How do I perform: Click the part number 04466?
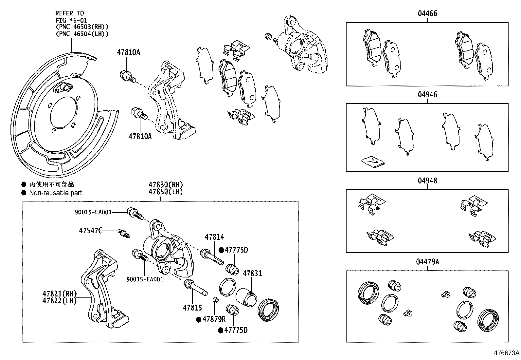point(427,13)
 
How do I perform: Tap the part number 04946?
point(427,95)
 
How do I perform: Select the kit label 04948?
point(427,180)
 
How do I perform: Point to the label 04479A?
point(428,262)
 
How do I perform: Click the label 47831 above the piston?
point(252,274)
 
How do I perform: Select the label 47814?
point(214,237)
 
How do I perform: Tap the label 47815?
point(192,308)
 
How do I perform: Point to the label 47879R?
point(214,319)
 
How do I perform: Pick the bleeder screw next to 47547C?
point(124,234)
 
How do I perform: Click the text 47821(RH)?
point(59,294)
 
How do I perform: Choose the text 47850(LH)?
point(165,192)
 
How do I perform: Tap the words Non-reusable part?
point(55,193)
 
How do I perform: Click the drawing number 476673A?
point(506,353)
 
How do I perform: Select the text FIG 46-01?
point(70,20)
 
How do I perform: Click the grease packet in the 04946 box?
point(373,161)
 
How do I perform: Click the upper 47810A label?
point(129,52)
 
